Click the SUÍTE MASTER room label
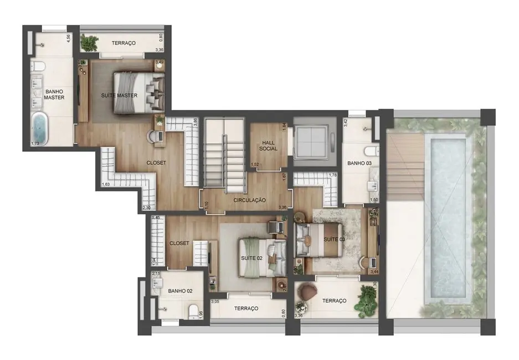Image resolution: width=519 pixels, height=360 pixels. tap(119, 95)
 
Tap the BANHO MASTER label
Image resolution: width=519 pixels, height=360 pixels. tap(54, 94)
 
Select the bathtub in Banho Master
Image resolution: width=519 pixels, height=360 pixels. tap(40, 128)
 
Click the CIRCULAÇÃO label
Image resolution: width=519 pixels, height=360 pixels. tap(250, 200)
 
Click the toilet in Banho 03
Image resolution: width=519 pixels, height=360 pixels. tap(371, 150)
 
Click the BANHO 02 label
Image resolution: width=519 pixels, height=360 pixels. tap(180, 290)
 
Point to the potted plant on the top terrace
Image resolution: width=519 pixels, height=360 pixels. tap(89, 42)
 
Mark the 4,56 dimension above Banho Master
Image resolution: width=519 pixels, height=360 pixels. tap(69, 39)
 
